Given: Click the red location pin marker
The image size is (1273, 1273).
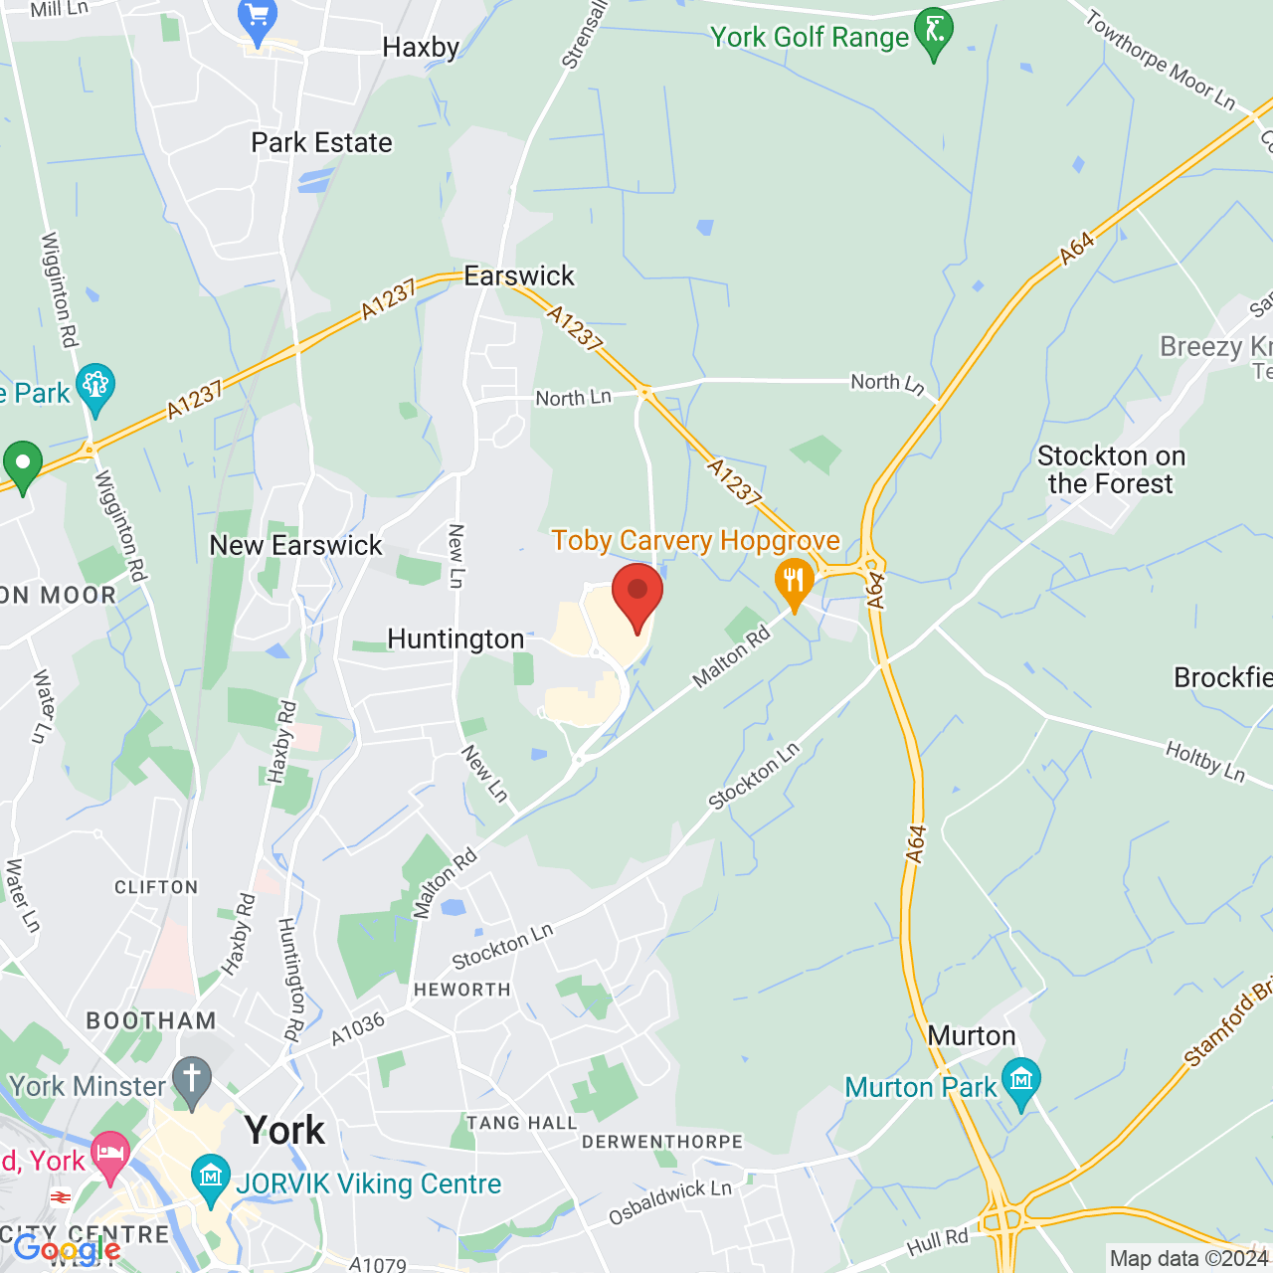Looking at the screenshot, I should coord(637,594).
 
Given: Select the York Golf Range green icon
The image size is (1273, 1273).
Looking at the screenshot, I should coord(934,32).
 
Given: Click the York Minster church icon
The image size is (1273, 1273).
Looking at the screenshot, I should coord(192,1081).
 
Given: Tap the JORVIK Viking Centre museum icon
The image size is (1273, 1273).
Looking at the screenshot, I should coord(210,1179).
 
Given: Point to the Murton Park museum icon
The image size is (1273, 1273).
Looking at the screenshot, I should coord(1020,1082).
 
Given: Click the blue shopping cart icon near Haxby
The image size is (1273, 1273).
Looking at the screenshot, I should coord(258,20).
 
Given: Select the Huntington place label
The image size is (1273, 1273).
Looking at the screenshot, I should coord(455,638).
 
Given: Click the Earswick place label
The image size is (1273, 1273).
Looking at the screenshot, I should coord(519,275).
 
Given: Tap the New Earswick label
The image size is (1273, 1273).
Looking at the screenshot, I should coord(295,545).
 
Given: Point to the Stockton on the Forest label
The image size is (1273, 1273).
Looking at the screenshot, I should coord(1111,469).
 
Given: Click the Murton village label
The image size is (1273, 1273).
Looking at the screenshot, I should coord(971,1035).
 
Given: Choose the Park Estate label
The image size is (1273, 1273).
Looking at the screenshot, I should coord(321,142).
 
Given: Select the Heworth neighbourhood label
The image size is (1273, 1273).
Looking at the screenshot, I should coord(461,990).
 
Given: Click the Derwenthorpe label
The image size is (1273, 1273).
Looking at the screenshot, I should coord(662,1141).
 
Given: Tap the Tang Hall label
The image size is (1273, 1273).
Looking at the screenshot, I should coord(521,1123).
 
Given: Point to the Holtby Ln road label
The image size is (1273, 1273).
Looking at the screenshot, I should coord(1205,761).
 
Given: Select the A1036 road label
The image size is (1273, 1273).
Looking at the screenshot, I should coord(357,1029).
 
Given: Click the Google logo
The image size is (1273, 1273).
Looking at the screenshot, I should coord(68,1249).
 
